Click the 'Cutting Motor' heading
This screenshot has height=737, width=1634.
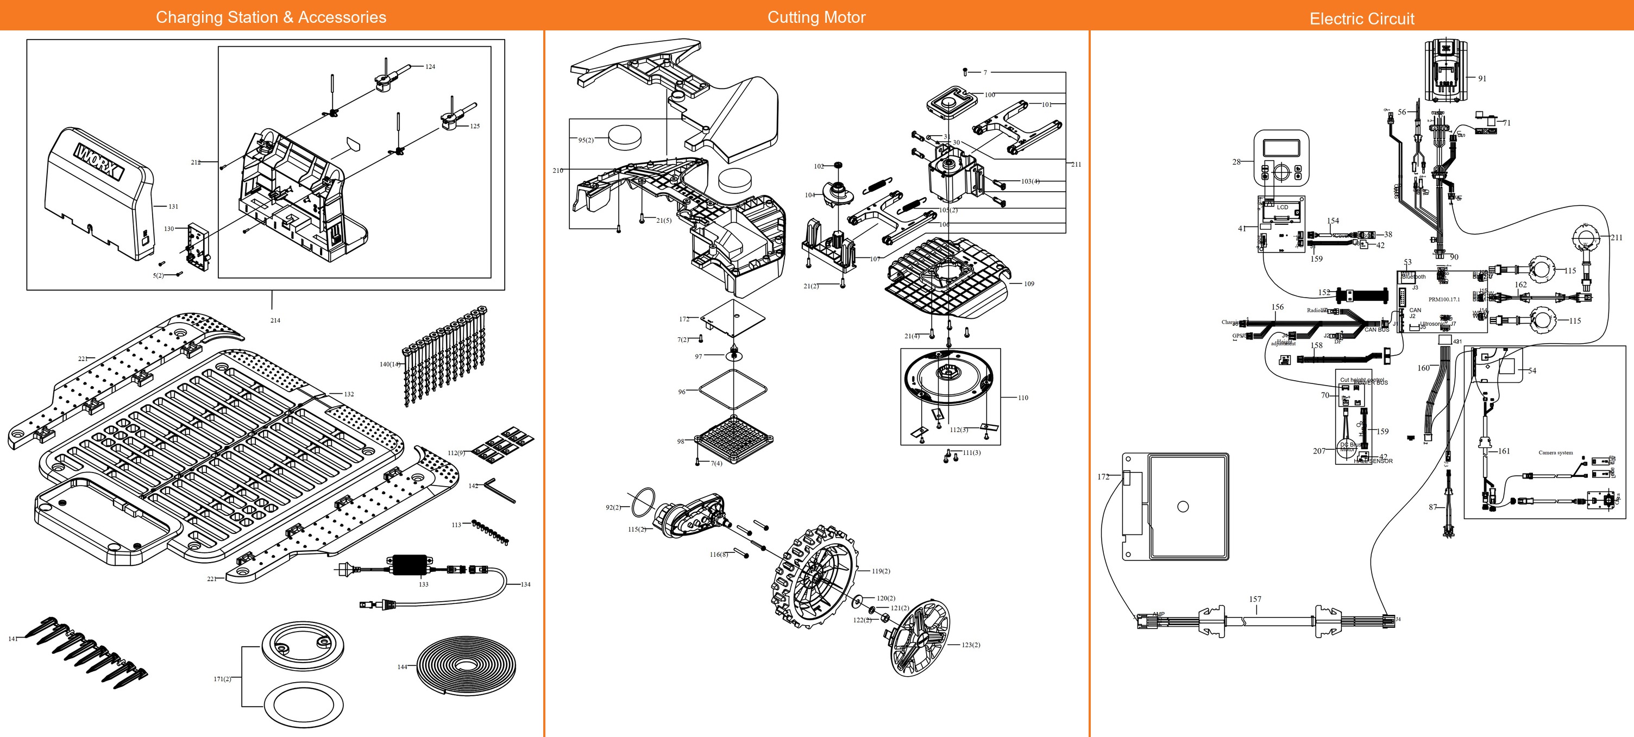(x=816, y=17)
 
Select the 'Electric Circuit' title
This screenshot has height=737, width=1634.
(x=1362, y=19)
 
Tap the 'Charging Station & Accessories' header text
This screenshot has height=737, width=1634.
(x=271, y=17)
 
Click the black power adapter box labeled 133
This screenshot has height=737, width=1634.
(x=410, y=564)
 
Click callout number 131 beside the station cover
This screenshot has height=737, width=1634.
(x=173, y=207)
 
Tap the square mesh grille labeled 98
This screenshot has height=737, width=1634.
(x=734, y=439)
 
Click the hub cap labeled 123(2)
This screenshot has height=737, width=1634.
(x=920, y=638)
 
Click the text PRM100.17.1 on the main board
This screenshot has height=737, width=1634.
(x=1444, y=299)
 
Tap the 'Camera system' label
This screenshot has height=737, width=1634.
(x=1555, y=453)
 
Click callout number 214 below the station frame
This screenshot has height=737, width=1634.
(x=275, y=320)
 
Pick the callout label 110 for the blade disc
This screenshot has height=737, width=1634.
(x=1022, y=398)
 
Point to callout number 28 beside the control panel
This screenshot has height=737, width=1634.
(x=1236, y=162)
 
